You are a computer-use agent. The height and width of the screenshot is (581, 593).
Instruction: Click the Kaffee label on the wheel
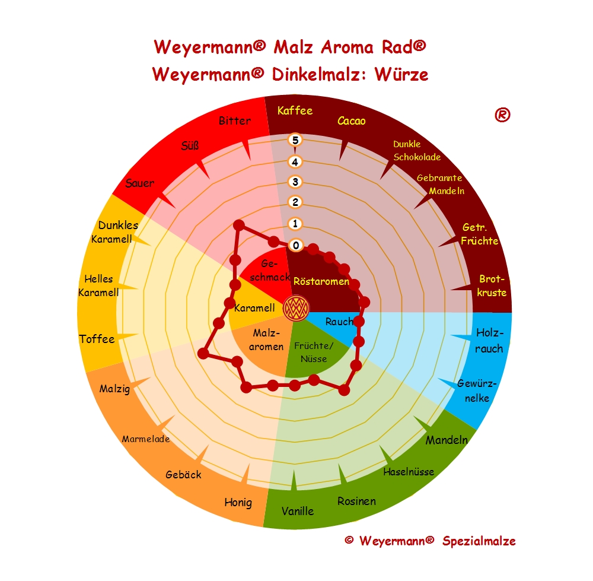coord(295,110)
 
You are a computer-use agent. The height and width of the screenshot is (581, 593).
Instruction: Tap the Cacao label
coord(352,121)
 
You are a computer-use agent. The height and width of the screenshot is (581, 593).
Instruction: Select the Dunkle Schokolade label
coord(417,151)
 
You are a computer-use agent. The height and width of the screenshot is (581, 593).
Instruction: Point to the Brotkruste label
coord(492,285)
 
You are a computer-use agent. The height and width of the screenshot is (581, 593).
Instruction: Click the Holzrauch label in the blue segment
coord(489,340)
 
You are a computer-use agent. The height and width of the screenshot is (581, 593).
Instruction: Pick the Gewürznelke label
coord(477,390)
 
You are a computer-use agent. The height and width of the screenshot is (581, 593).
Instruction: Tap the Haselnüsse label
coord(409,472)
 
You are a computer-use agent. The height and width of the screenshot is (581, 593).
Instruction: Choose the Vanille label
coord(298,510)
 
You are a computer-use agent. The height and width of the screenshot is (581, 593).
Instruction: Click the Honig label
coord(238,503)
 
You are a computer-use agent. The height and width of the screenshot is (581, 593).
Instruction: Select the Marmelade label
coord(146,439)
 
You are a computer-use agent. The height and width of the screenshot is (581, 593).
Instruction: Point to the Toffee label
coord(97,339)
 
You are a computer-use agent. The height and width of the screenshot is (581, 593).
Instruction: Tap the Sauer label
coord(140,183)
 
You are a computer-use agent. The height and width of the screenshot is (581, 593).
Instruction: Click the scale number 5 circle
coord(295,140)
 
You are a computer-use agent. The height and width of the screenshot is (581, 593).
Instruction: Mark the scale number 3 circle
coord(295,182)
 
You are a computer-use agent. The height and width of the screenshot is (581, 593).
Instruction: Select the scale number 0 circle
coord(295,245)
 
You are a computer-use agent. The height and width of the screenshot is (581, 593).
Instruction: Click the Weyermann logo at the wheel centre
coord(295,307)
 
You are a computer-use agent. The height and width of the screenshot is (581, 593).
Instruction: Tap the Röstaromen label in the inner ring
coord(321,281)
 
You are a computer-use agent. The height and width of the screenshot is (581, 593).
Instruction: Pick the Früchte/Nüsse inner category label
coord(314,352)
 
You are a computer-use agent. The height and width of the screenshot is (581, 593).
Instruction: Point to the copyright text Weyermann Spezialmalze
coord(430,541)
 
